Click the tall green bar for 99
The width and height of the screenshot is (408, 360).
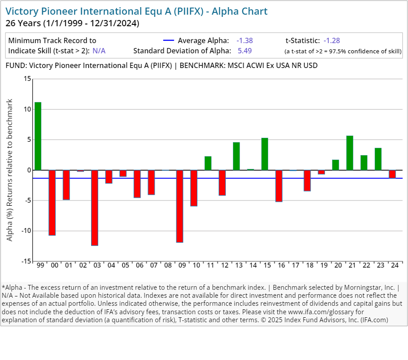pos(38,136)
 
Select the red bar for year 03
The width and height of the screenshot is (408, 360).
pos(95,208)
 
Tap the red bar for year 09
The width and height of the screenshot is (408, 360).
pos(180,206)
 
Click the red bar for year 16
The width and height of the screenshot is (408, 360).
pos(279,186)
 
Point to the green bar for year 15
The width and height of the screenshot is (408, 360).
pos(265,154)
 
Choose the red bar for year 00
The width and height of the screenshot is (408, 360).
pos(52,203)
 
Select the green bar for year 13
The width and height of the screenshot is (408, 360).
pos(236,156)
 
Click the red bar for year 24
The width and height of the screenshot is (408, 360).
pos(392,174)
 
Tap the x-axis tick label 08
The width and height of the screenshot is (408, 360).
pos(168,265)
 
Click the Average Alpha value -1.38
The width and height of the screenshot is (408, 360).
pos(244,40)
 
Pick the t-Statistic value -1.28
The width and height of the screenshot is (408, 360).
pos(332,40)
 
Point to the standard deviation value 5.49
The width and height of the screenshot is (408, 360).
pos(245,51)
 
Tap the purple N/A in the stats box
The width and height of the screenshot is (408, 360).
pos(99,51)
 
